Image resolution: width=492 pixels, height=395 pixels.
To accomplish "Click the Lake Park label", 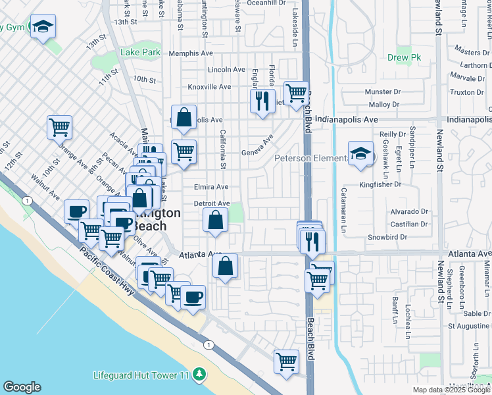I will click(x=140, y=52).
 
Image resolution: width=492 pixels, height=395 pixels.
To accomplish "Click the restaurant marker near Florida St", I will click(x=262, y=101).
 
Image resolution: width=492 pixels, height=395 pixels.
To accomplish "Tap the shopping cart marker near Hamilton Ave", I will click(x=287, y=361).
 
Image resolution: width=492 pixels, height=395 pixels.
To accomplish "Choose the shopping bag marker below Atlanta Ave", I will click(x=226, y=266).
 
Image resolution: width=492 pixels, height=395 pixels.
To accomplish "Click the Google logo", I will click(x=22, y=387).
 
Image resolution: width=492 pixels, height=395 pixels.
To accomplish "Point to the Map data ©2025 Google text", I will click(x=451, y=390).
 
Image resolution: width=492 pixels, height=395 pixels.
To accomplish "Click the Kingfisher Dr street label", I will click(x=380, y=185).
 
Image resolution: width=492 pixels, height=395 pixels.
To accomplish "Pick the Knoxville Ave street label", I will click(x=209, y=87).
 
